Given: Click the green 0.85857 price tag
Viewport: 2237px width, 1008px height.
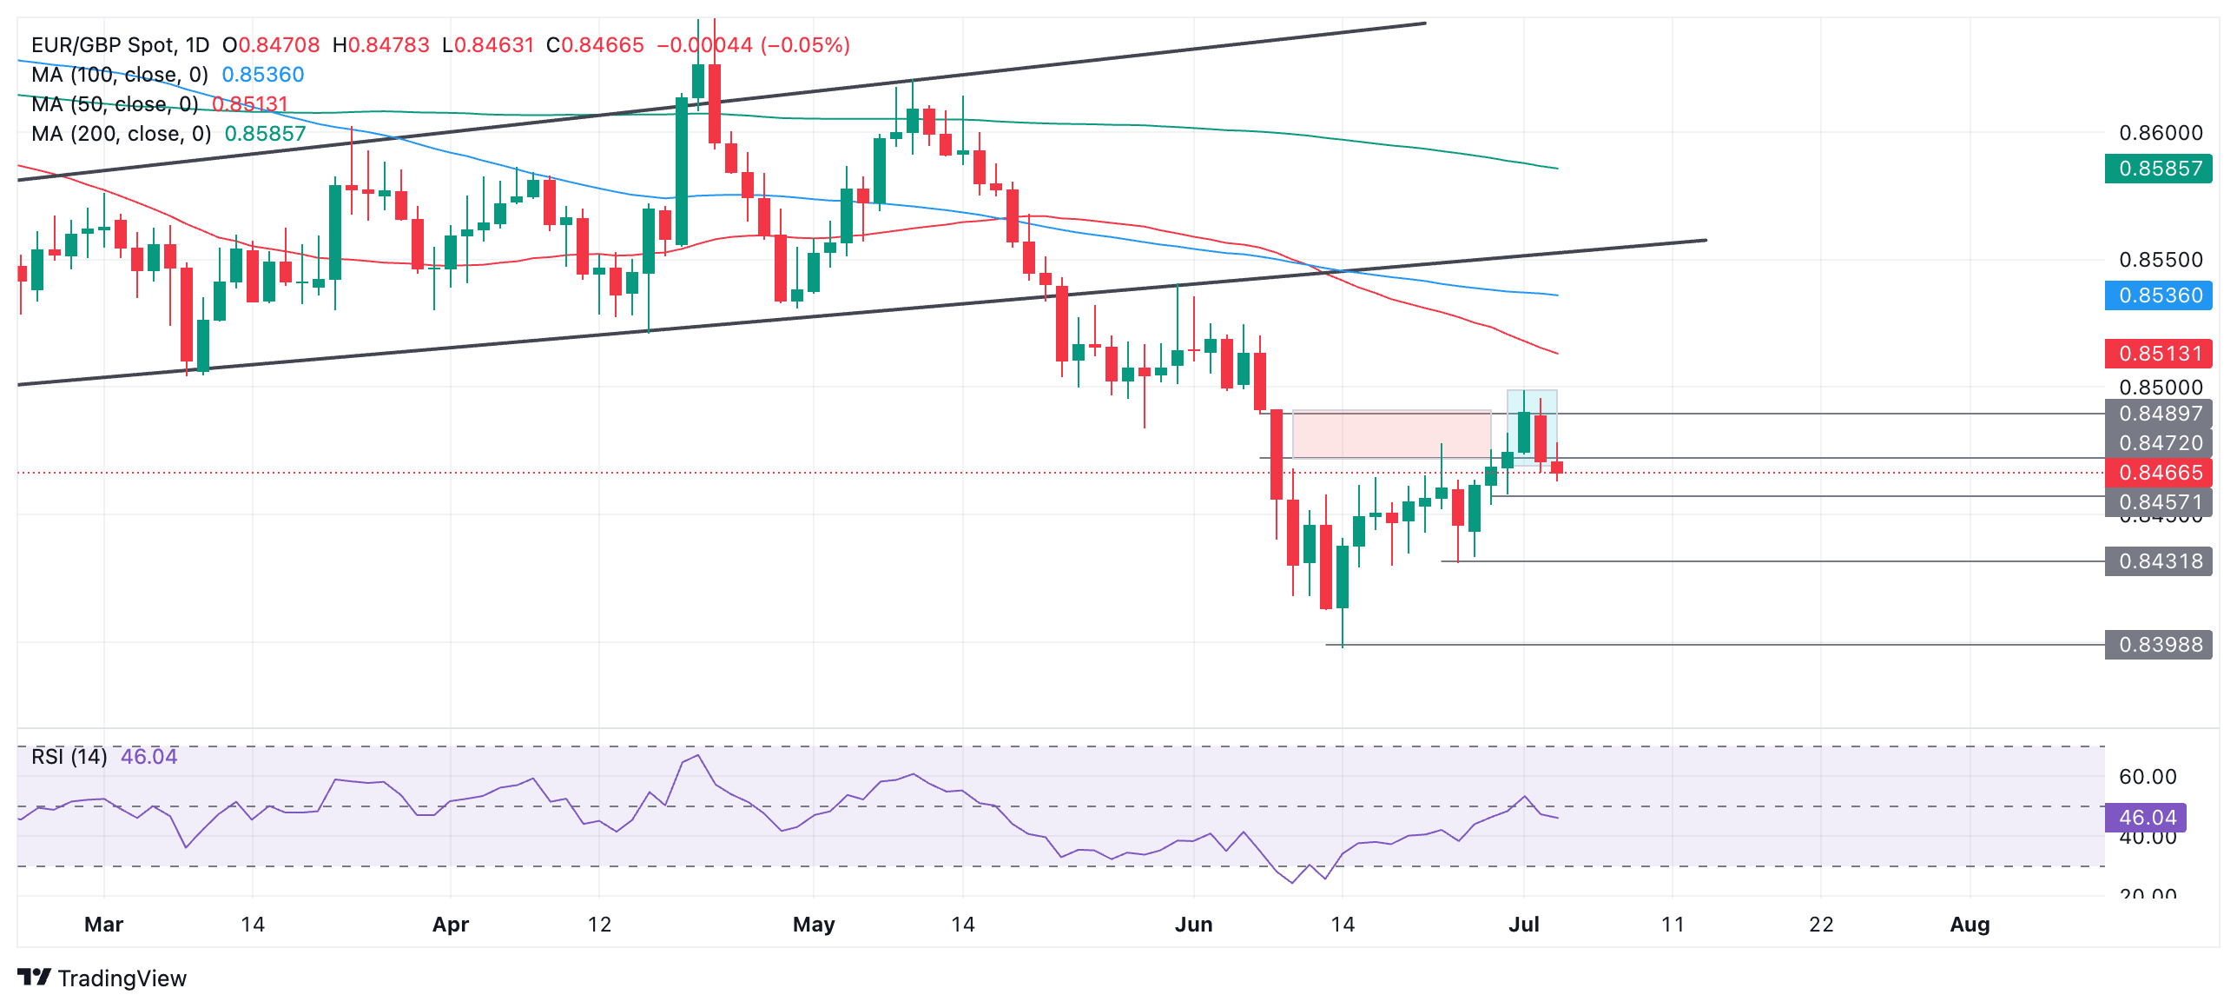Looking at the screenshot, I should point(2159,169).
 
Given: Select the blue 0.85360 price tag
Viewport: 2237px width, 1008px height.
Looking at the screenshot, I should point(2159,295).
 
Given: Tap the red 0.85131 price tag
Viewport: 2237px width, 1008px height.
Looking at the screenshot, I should point(2159,354).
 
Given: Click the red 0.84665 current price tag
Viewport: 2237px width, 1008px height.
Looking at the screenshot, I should point(2159,473).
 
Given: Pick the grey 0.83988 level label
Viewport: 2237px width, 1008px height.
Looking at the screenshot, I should point(2159,645).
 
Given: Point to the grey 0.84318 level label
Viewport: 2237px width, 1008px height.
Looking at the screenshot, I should point(2159,561).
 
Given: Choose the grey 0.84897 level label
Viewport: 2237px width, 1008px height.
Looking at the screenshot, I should point(2159,414).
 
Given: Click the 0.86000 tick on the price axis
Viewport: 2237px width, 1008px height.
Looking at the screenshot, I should point(2161,133).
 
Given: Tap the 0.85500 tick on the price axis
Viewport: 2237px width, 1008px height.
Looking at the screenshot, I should point(2161,260).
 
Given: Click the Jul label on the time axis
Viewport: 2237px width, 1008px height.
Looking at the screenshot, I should point(1523,925).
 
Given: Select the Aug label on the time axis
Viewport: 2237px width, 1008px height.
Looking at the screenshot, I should point(1970,925).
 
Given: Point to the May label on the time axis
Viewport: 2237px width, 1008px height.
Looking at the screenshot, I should point(814,925).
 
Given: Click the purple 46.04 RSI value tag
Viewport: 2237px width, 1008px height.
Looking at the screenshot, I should point(2147,818).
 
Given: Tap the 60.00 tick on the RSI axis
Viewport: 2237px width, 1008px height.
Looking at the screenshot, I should point(2148,777).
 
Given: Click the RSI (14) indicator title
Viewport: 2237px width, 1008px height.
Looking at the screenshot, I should point(69,757).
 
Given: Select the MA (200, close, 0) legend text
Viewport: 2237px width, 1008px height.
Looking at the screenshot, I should point(122,134).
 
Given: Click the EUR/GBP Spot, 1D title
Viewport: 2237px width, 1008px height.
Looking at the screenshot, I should point(120,45).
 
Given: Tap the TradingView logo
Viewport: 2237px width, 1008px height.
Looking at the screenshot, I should point(102,978).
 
